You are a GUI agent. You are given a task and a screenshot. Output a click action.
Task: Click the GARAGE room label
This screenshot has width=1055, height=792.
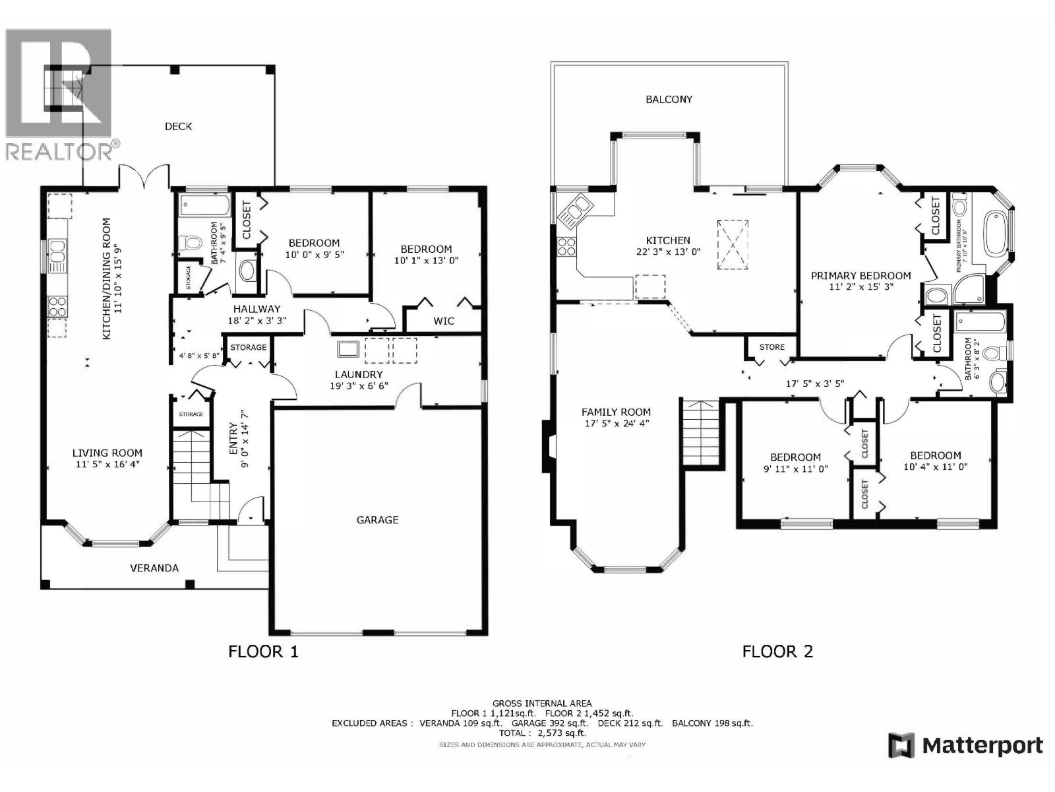click(x=377, y=520)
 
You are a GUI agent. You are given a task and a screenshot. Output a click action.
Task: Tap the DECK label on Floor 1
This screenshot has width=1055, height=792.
click(x=178, y=126)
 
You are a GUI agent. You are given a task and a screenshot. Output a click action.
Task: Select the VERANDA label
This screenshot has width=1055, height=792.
click(x=154, y=568)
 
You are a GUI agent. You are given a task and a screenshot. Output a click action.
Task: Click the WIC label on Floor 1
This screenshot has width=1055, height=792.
click(x=443, y=321)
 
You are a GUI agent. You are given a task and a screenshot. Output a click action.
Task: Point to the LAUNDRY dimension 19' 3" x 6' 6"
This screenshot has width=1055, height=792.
click(x=359, y=386)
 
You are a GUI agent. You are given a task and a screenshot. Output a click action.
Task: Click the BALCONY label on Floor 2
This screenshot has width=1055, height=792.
click(x=669, y=99)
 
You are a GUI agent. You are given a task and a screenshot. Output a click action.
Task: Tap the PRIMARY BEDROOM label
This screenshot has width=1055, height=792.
click(x=860, y=276)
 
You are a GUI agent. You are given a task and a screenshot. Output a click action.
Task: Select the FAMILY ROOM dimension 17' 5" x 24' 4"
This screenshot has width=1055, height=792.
click(x=616, y=423)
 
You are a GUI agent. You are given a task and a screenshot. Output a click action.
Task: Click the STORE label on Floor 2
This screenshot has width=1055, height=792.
click(x=771, y=346)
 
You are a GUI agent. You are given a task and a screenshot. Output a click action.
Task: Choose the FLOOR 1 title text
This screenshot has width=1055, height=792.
click(x=263, y=651)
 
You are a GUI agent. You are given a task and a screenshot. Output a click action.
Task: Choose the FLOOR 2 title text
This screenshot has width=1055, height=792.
click(x=777, y=651)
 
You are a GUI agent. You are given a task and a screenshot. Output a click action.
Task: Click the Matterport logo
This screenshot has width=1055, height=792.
click(x=965, y=746)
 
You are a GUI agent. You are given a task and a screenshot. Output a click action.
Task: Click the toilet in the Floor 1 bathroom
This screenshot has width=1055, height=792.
click(x=191, y=244)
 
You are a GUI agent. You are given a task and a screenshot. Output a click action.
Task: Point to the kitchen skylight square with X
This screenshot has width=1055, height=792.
click(x=733, y=244)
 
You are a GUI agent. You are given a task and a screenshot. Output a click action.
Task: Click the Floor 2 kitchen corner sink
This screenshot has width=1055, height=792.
click(x=573, y=211)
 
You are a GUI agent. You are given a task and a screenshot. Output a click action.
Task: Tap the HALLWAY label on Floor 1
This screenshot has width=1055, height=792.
click(x=256, y=309)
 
